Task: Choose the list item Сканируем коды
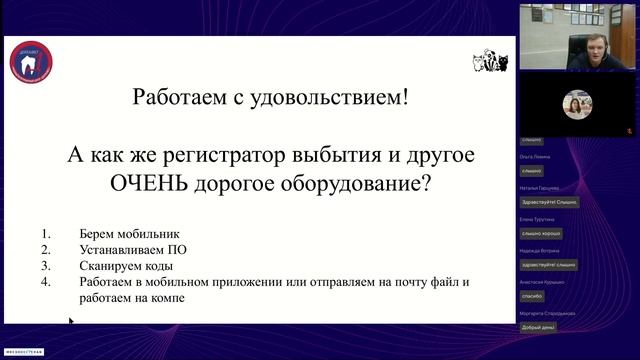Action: (125, 267)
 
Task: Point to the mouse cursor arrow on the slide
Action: (71, 322)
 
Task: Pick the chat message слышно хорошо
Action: (540, 233)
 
